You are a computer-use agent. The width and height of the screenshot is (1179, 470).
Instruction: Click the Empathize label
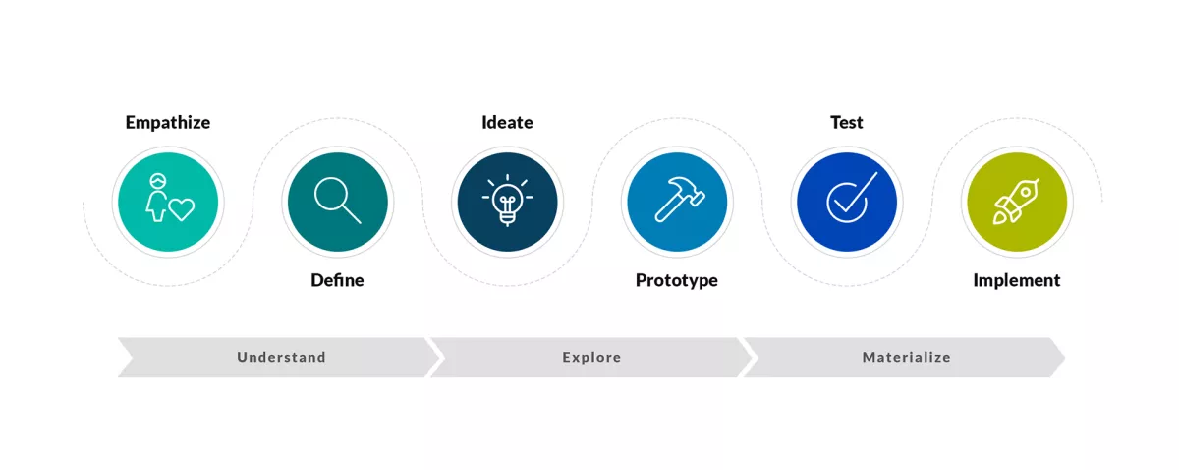pos(168,123)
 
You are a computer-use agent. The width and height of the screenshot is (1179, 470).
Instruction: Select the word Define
pos(337,280)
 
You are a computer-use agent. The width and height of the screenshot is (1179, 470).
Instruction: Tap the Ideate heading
pos(507,123)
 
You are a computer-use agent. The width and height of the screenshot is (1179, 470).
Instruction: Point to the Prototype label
pos(676,280)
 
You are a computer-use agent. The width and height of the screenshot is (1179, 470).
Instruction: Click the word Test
pos(846,123)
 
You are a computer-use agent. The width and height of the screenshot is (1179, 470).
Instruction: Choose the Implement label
pos(1016,280)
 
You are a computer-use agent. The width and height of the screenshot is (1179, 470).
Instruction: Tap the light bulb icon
pos(507,201)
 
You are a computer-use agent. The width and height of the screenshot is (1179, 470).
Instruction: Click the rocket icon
pos(1016,201)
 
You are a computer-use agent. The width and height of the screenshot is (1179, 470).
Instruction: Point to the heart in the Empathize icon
pos(181,208)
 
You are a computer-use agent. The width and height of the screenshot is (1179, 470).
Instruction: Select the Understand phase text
pos(281,358)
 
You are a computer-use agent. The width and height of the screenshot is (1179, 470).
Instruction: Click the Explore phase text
pos(591,358)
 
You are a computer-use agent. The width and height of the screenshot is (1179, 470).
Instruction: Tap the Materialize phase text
pos(906,358)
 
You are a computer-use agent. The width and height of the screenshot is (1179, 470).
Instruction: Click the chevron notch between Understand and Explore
pos(435,358)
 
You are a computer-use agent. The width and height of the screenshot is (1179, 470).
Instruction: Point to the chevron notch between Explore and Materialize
pos(748,358)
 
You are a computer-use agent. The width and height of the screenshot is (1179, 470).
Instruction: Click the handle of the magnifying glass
pos(352,214)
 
